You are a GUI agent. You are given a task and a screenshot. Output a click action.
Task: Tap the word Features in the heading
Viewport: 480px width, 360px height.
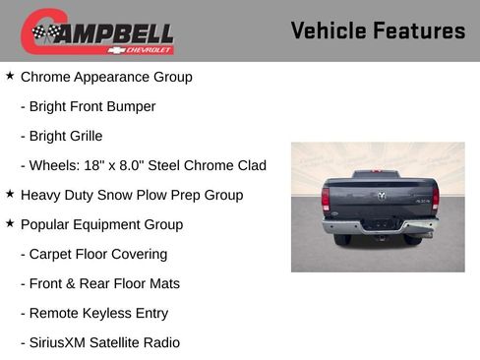(421, 30)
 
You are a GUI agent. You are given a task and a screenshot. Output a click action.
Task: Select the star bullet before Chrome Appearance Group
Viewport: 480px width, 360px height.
(10, 76)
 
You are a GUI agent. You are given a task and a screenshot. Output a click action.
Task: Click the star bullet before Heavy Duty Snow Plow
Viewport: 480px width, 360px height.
(10, 194)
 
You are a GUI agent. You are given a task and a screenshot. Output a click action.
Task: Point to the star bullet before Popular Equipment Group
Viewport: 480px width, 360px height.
(10, 223)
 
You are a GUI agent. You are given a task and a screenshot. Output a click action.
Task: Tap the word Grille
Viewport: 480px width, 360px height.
(82, 136)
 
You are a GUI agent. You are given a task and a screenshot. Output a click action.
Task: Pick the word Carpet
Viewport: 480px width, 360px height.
(53, 254)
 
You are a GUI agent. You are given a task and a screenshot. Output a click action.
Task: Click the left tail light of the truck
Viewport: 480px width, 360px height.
(326, 200)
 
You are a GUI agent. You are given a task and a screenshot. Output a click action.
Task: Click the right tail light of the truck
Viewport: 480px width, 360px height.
(434, 200)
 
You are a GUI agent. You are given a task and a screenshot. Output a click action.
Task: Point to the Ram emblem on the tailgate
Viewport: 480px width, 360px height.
(380, 196)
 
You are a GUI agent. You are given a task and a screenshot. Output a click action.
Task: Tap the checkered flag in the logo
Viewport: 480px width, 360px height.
(45, 32)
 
